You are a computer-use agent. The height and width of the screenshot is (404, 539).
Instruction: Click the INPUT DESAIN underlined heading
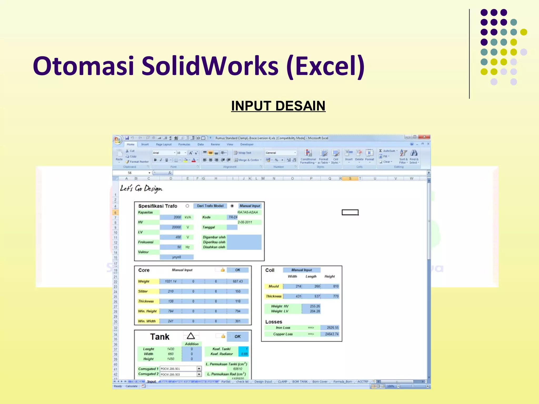[x=278, y=106]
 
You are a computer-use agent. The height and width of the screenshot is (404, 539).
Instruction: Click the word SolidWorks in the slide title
[x=210, y=66]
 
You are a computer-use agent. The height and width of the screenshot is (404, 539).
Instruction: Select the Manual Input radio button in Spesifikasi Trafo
[x=232, y=206]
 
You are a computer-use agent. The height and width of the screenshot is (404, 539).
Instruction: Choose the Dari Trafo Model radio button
[x=187, y=206]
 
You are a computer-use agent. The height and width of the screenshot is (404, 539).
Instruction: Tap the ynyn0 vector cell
[x=176, y=257]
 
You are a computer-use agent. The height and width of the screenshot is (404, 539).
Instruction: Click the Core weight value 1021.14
[x=171, y=281]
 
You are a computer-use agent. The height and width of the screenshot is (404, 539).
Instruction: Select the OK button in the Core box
[x=238, y=270]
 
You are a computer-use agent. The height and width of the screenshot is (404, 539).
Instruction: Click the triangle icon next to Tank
[x=191, y=336]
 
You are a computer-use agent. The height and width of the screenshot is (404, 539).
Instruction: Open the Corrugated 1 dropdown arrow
[x=199, y=369]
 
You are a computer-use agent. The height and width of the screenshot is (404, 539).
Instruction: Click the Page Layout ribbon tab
[x=163, y=144]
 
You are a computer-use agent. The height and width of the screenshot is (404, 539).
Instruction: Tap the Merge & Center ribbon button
[x=247, y=160]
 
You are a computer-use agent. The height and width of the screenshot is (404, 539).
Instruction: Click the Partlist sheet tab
[x=226, y=382]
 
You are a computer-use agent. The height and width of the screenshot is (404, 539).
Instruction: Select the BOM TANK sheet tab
[x=300, y=382]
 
